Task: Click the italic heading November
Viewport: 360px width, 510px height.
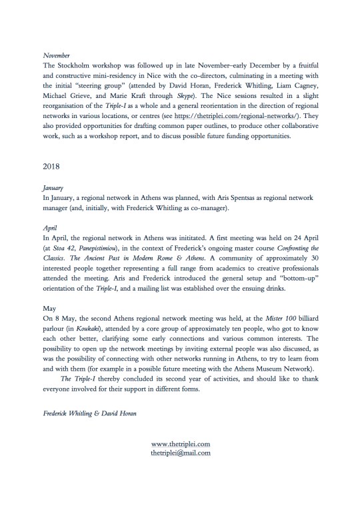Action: tap(56, 57)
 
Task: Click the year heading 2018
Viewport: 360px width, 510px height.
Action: tap(51, 164)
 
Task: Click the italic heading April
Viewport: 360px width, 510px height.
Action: tap(49, 227)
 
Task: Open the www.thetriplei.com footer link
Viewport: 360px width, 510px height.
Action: tap(181, 444)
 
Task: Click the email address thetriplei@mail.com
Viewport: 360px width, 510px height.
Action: tap(181, 453)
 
